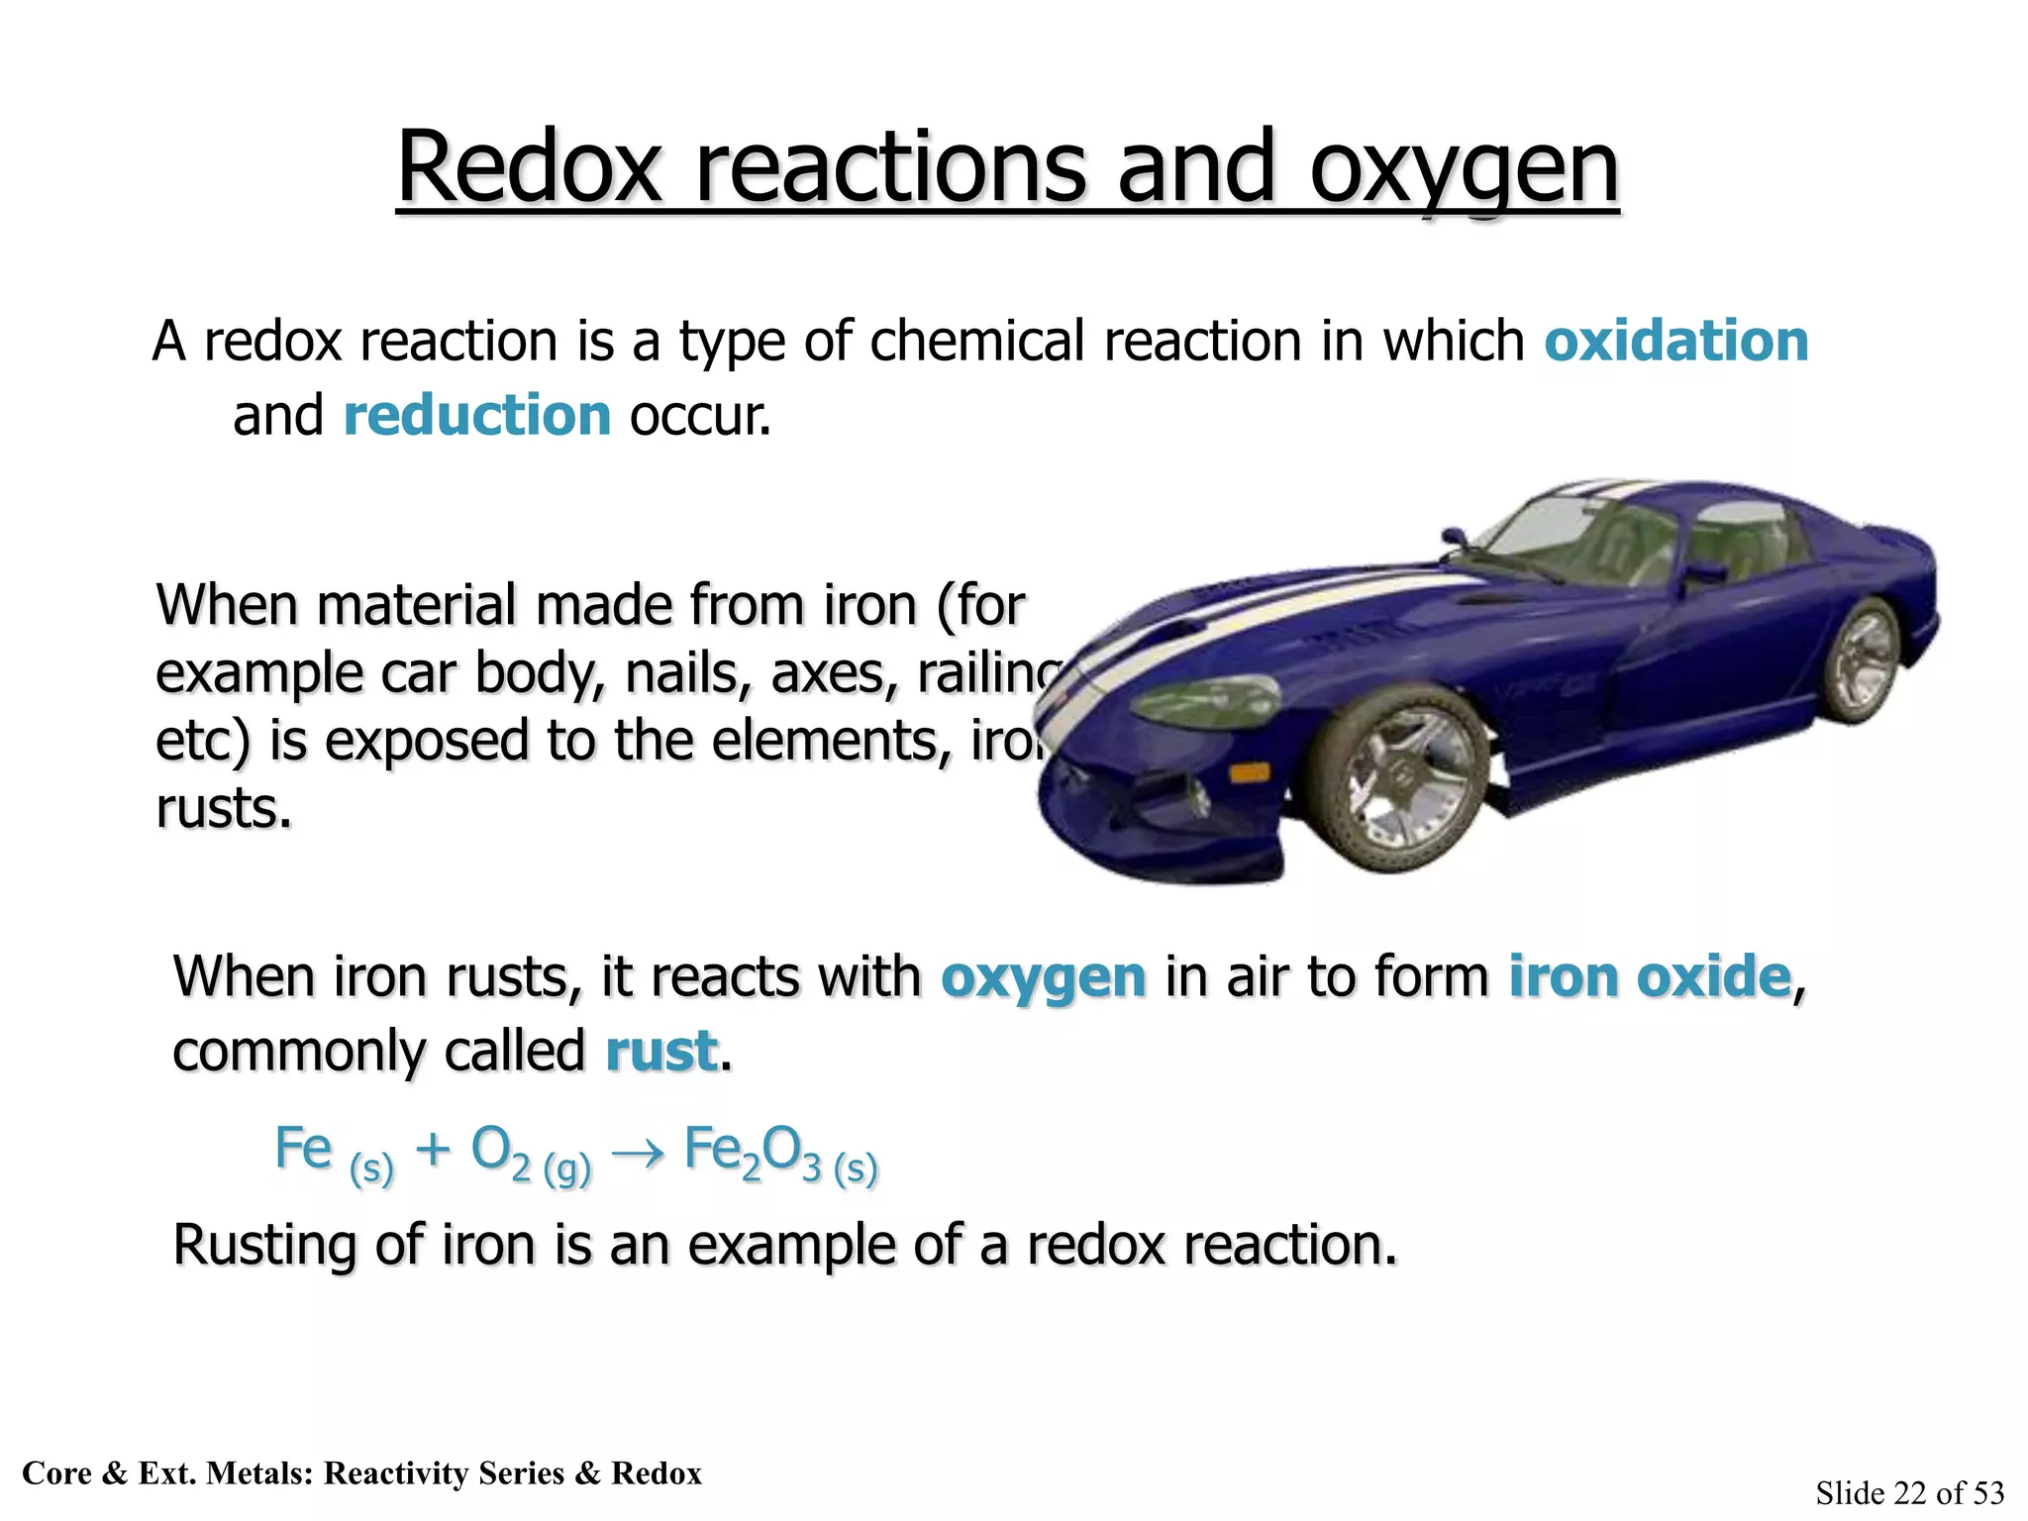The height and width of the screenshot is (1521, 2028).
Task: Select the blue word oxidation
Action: pyautogui.click(x=1675, y=341)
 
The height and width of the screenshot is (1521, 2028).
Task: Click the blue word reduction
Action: pyautogui.click(x=476, y=414)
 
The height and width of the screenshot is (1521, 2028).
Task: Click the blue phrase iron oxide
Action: pyautogui.click(x=1650, y=976)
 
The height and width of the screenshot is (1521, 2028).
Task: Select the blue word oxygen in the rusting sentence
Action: pyautogui.click(x=1043, y=978)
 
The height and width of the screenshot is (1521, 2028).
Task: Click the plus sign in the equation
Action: pyautogui.click(x=433, y=1151)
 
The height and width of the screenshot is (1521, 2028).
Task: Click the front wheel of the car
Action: pyautogui.click(x=1403, y=780)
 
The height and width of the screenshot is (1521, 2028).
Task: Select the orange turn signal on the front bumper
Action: pyautogui.click(x=1250, y=771)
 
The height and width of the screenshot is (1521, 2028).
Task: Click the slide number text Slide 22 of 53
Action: pyautogui.click(x=1909, y=1492)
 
